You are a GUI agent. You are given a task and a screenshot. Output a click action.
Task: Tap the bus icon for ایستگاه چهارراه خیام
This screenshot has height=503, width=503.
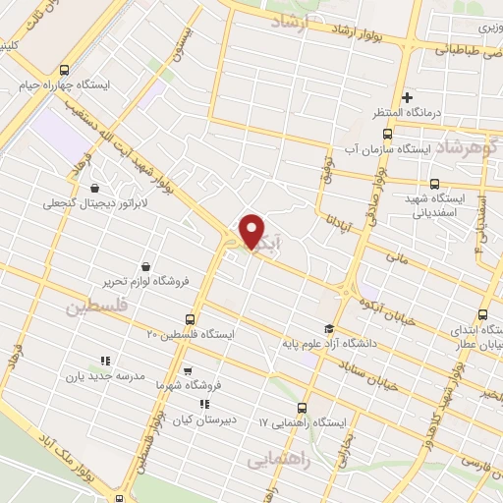click(64, 70)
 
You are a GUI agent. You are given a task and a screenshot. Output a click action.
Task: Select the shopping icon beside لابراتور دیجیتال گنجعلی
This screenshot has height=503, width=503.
click(93, 188)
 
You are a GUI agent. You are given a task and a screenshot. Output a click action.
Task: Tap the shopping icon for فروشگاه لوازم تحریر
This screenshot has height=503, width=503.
click(146, 266)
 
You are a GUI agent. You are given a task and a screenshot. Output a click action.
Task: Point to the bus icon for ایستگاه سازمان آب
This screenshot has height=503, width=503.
click(387, 134)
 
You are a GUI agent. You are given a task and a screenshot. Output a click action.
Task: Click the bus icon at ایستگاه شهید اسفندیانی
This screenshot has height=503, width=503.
click(435, 183)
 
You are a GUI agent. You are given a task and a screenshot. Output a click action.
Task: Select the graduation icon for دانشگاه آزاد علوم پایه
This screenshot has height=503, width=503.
click(328, 329)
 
